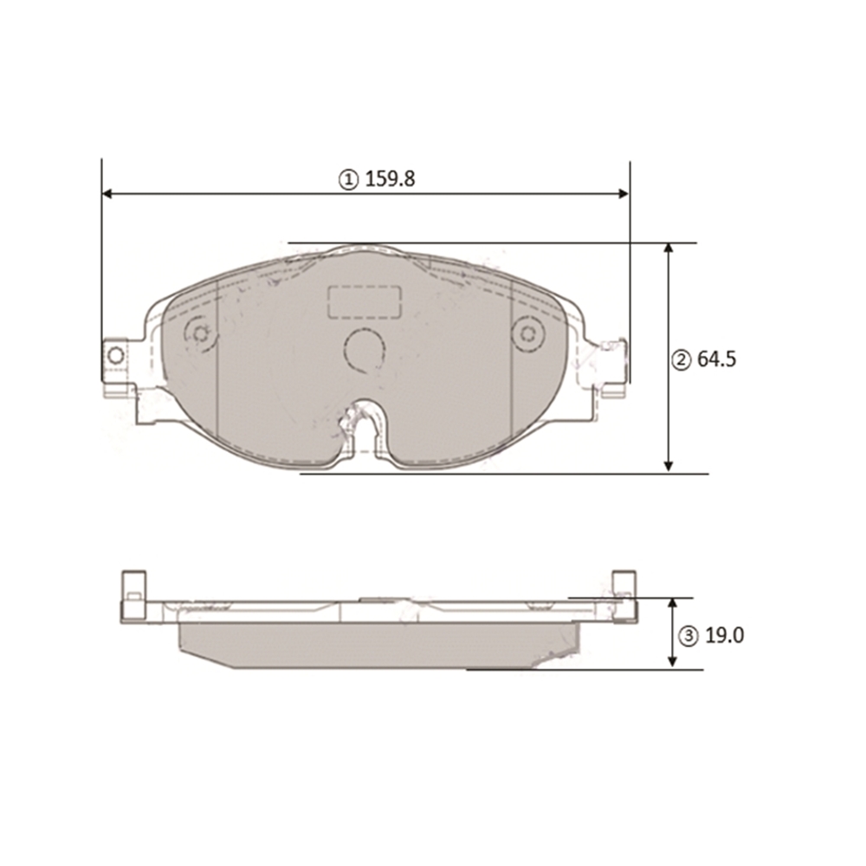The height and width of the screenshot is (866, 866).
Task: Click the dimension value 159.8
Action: click(390, 179)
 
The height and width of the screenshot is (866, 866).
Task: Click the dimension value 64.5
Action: click(717, 359)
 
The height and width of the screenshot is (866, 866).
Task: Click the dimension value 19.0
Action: click(725, 636)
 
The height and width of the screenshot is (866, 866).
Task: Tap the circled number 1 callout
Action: click(348, 179)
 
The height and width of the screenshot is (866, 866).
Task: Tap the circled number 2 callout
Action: click(681, 360)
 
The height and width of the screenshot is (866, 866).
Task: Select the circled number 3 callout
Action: click(688, 637)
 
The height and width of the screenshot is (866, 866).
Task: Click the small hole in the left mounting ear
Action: click(115, 355)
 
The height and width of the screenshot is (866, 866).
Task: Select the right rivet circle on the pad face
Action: click(528, 333)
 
